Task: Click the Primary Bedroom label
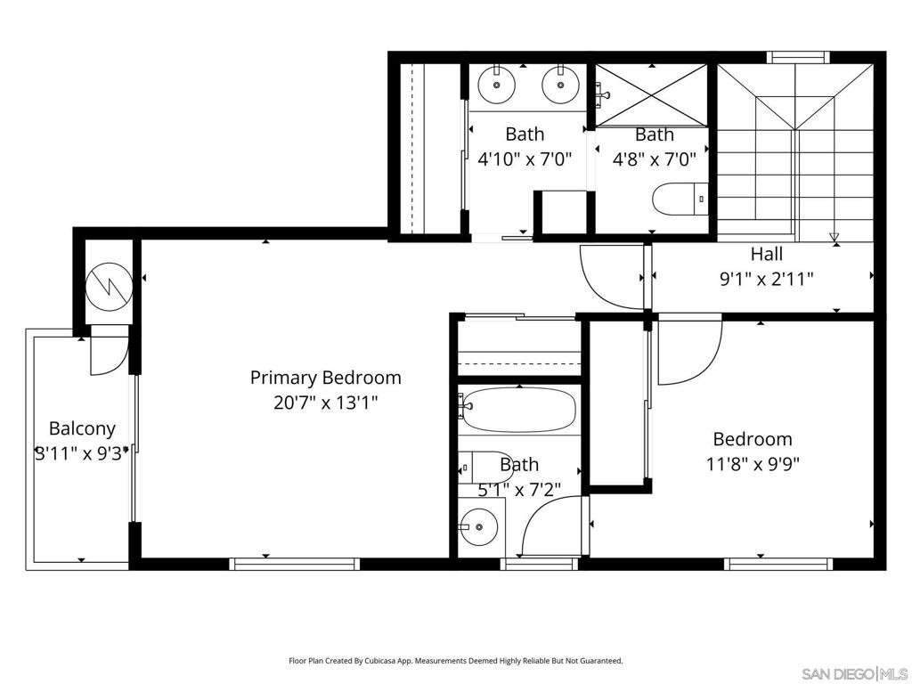tap(326, 378)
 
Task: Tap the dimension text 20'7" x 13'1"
tap(326, 403)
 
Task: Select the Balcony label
tap(82, 429)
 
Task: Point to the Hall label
tap(767, 254)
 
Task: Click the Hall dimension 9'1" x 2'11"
tap(767, 280)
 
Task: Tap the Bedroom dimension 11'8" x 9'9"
tap(753, 464)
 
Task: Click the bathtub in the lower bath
tap(519, 410)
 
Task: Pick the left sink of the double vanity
tap(497, 85)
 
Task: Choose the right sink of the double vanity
tap(561, 85)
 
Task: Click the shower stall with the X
tap(651, 94)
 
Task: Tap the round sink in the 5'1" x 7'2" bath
tap(478, 527)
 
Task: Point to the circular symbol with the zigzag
tap(110, 285)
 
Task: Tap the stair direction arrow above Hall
tap(835, 237)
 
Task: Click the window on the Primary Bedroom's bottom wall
tap(294, 564)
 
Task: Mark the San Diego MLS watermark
tap(854, 673)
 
